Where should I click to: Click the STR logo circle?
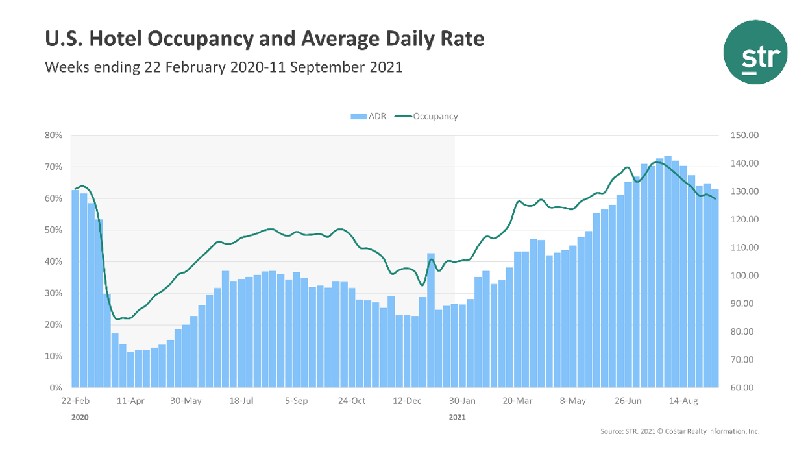[755, 53]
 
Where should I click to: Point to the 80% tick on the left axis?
[53, 136]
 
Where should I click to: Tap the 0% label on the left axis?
[56, 388]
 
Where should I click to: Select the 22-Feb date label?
[76, 401]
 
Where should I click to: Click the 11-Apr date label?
[131, 401]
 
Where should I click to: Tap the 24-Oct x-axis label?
[352, 401]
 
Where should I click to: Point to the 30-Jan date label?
[462, 401]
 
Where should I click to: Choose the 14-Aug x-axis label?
[683, 401]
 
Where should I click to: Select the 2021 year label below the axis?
[457, 418]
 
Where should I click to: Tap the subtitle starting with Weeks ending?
[223, 67]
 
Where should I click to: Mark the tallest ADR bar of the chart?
[668, 272]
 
